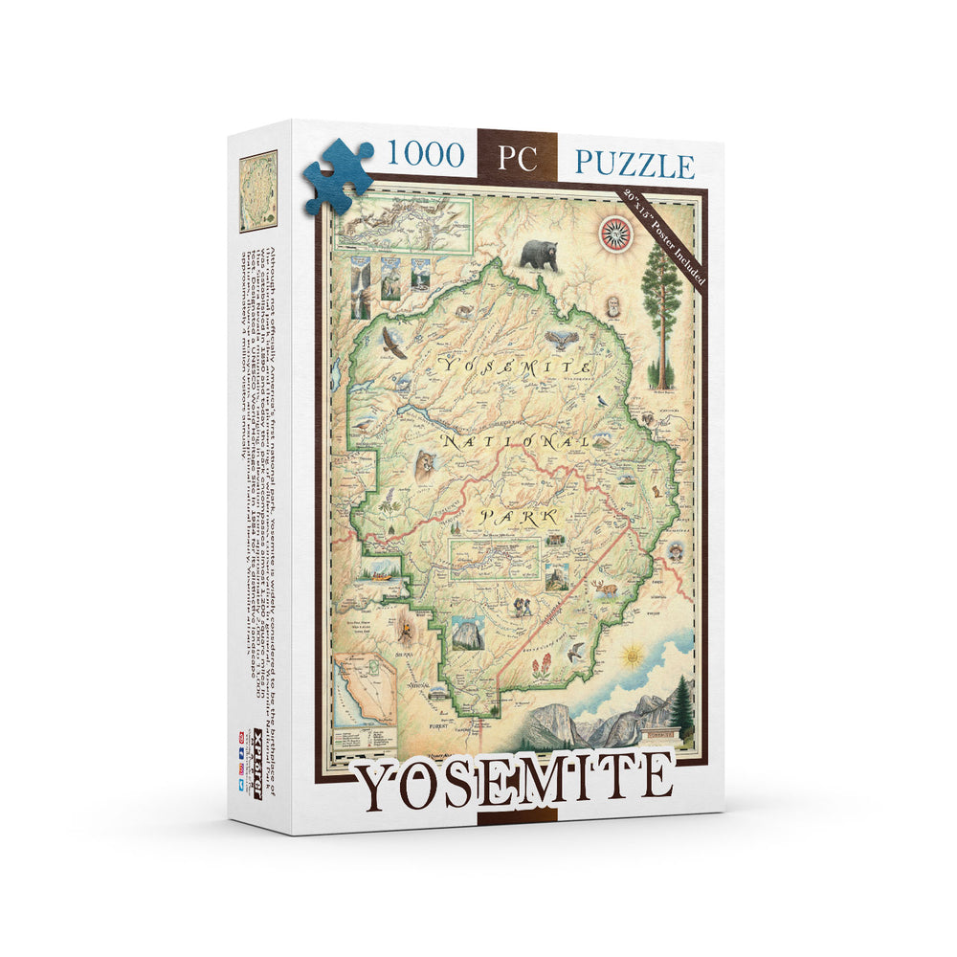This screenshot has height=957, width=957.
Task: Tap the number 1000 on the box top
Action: (x=425, y=154)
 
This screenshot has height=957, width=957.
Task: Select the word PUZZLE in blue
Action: (x=634, y=164)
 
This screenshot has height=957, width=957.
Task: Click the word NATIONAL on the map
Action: (x=516, y=441)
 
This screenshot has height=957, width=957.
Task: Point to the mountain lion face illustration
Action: (x=422, y=466)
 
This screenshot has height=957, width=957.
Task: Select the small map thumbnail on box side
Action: (x=257, y=190)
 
